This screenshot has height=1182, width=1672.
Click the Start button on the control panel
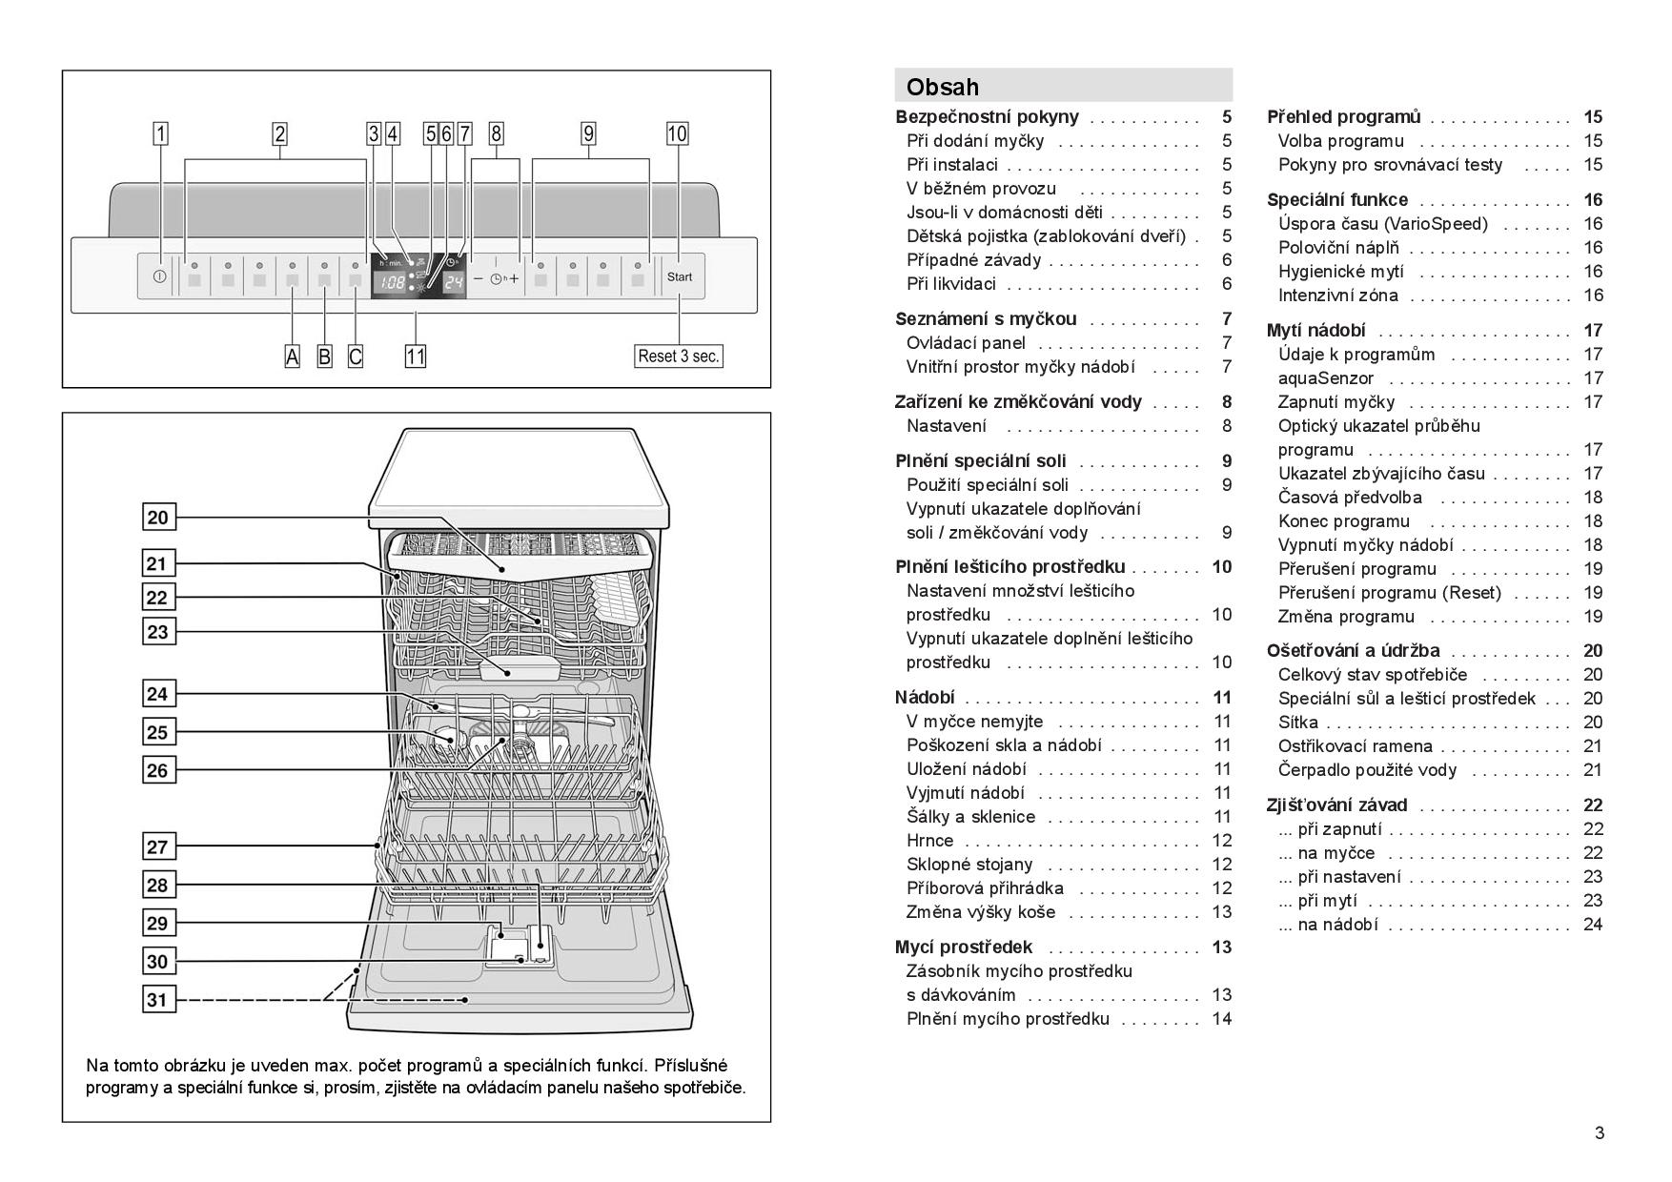point(680,277)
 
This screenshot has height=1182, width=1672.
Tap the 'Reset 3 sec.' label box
point(679,357)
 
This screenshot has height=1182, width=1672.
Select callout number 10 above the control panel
point(677,133)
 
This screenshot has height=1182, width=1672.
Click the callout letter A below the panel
point(293,357)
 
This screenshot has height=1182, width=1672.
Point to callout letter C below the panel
point(356,357)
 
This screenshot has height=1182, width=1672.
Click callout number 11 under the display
point(416,357)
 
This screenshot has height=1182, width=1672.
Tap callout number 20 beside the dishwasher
point(158,518)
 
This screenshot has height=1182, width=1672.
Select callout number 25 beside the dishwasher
point(158,732)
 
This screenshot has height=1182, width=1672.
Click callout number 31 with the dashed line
point(158,1000)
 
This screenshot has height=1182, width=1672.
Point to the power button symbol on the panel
point(159,277)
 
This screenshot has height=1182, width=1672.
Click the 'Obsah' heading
point(942,87)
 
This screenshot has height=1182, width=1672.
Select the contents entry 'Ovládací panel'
point(966,343)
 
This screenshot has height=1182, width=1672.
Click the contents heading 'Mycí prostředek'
point(964,948)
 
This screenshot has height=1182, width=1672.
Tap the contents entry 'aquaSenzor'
point(1325,378)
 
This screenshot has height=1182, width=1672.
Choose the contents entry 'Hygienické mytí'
point(1340,272)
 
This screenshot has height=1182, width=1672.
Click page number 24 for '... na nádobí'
point(1593,925)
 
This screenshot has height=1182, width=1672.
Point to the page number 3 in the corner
point(1600,1133)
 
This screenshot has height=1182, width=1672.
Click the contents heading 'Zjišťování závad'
point(1336,805)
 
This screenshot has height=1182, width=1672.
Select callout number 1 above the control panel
point(161,133)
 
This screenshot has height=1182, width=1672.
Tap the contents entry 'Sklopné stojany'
point(969,865)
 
